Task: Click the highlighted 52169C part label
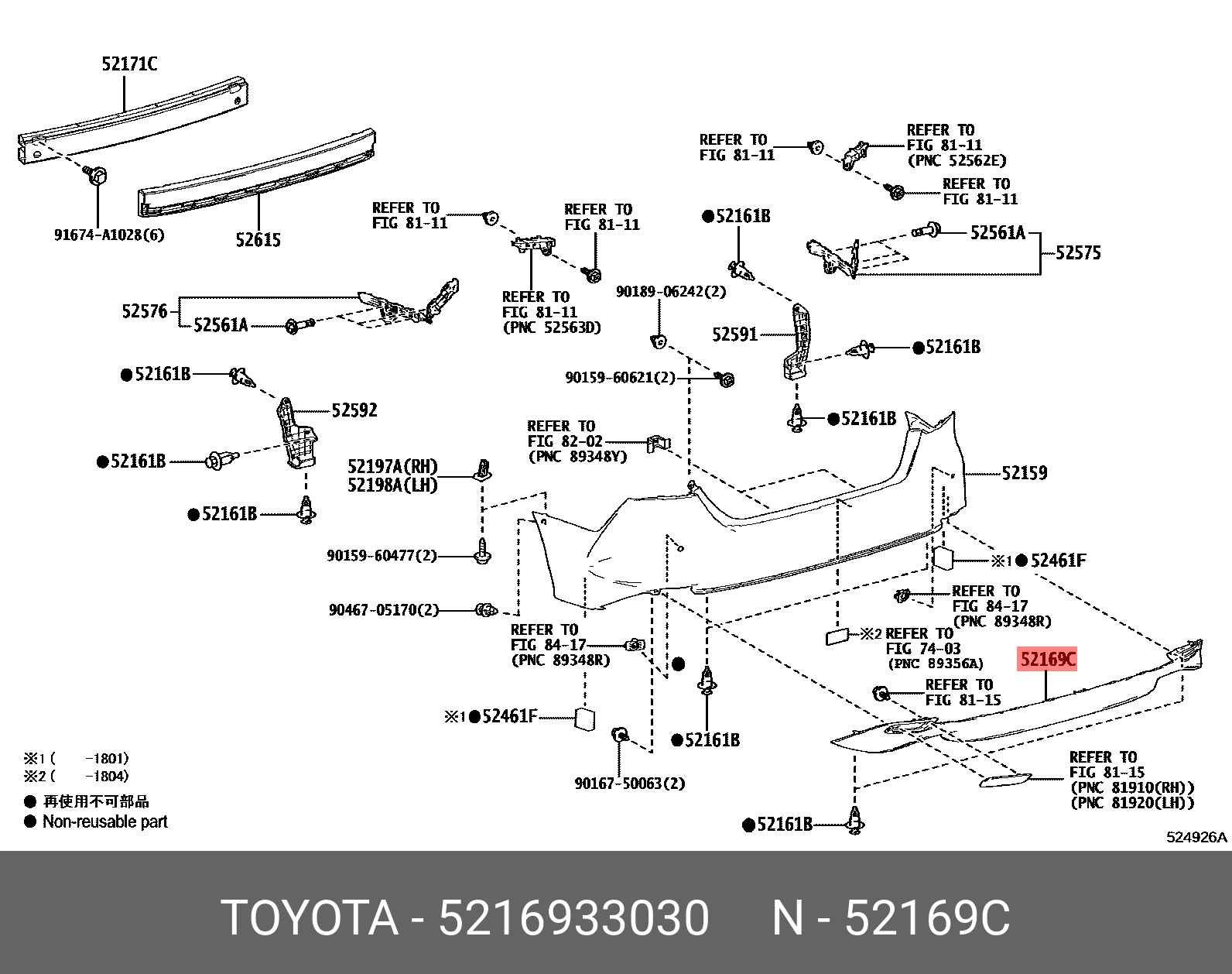click(1047, 660)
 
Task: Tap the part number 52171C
click(129, 64)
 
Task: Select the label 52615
click(258, 240)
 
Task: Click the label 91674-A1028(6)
click(109, 235)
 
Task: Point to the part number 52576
click(144, 311)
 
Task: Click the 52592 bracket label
click(354, 410)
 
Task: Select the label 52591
click(734, 334)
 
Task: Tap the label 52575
click(1077, 252)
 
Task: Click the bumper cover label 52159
click(1024, 473)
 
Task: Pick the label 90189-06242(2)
click(671, 292)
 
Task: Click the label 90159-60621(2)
click(620, 378)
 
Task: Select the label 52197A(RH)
click(392, 466)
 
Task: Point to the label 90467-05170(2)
click(383, 610)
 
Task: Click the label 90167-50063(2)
click(629, 784)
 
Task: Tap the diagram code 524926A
click(1196, 837)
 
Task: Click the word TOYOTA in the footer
click(310, 918)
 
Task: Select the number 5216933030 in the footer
click(573, 918)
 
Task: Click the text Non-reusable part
click(104, 822)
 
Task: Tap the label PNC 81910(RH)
click(1131, 788)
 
